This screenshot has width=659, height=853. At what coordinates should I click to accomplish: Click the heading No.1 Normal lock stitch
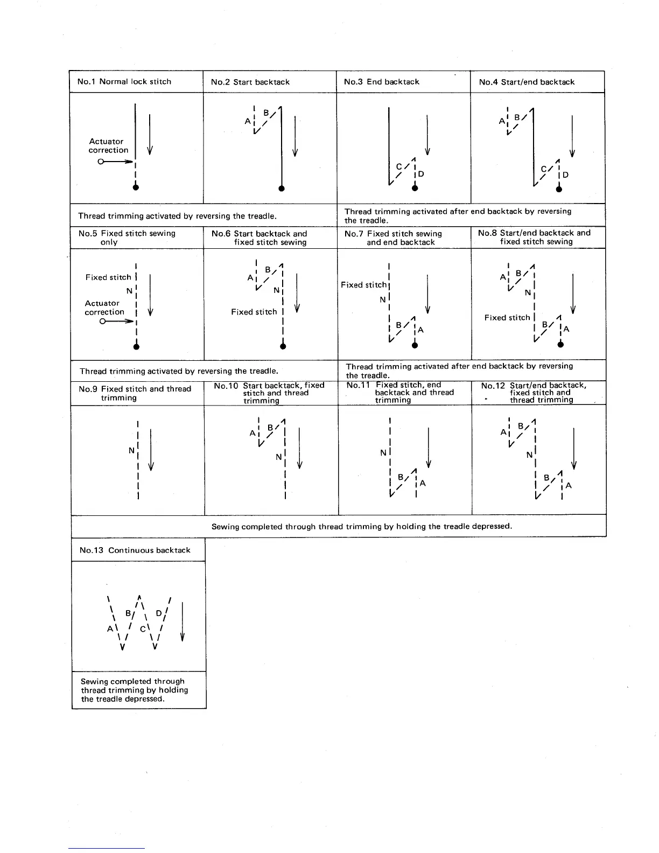[x=124, y=82]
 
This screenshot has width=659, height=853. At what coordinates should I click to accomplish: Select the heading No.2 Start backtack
[x=250, y=82]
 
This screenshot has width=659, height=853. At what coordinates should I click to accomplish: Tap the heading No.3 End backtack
[x=382, y=82]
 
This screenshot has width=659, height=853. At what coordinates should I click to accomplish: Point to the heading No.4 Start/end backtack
[x=527, y=82]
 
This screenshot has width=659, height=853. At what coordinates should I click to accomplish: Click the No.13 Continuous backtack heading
[x=135, y=550]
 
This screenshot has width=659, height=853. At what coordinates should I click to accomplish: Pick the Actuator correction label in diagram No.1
[x=108, y=146]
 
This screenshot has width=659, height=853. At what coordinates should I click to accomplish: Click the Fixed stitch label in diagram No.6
[x=254, y=312]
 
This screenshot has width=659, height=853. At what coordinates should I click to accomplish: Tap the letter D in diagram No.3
[x=421, y=174]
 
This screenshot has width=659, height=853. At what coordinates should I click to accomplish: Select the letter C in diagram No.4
[x=544, y=169]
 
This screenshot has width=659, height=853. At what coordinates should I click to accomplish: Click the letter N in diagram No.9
[x=131, y=450]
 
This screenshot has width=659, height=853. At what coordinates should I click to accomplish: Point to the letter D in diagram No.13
[x=159, y=613]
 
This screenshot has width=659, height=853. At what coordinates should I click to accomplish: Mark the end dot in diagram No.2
[x=282, y=188]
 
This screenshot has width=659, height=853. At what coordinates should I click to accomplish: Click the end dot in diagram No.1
[x=136, y=187]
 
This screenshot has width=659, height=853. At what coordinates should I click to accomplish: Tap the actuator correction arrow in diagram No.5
[x=116, y=321]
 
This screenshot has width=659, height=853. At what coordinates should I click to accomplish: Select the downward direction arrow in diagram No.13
[x=183, y=622]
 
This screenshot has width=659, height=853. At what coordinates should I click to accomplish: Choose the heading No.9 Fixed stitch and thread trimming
[x=135, y=393]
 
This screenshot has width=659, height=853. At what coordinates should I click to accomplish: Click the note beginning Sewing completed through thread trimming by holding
[x=361, y=526]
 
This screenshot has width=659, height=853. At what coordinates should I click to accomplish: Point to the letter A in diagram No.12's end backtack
[x=569, y=486]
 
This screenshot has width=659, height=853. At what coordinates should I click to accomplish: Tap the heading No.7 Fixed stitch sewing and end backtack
[x=401, y=237]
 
